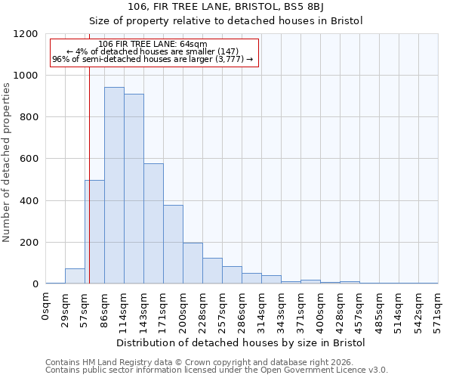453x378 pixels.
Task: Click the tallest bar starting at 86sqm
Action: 114,185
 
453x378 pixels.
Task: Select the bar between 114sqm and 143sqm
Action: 134,189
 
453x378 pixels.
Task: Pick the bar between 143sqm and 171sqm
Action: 153,224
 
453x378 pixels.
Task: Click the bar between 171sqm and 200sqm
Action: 173,244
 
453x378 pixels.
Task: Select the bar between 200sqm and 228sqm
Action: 193,263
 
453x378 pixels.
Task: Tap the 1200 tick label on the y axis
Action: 27,34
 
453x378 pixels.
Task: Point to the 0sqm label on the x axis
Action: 46,307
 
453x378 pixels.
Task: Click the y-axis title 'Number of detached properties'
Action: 8,159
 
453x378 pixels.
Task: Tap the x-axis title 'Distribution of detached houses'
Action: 241,342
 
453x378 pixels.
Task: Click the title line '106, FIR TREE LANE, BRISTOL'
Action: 241,8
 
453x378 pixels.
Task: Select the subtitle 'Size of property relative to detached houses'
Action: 241,21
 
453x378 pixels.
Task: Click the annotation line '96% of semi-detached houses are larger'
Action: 153,59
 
